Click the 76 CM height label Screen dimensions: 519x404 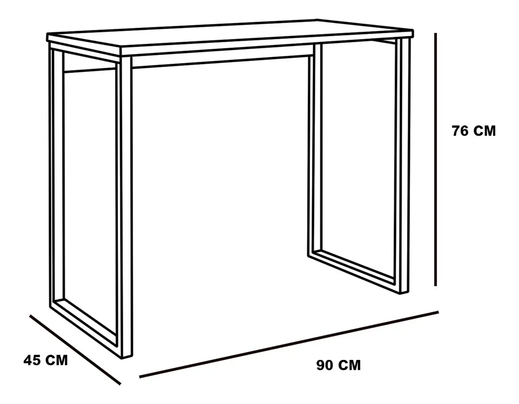(x=474, y=131)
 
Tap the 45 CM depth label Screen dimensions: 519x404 (x=45, y=360)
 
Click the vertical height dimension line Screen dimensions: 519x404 (x=436, y=159)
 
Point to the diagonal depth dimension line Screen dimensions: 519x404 (x=75, y=350)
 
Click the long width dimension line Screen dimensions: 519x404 (x=289, y=344)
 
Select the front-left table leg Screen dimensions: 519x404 (x=126, y=207)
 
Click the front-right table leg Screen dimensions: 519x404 (x=404, y=165)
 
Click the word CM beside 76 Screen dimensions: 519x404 (x=484, y=131)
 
